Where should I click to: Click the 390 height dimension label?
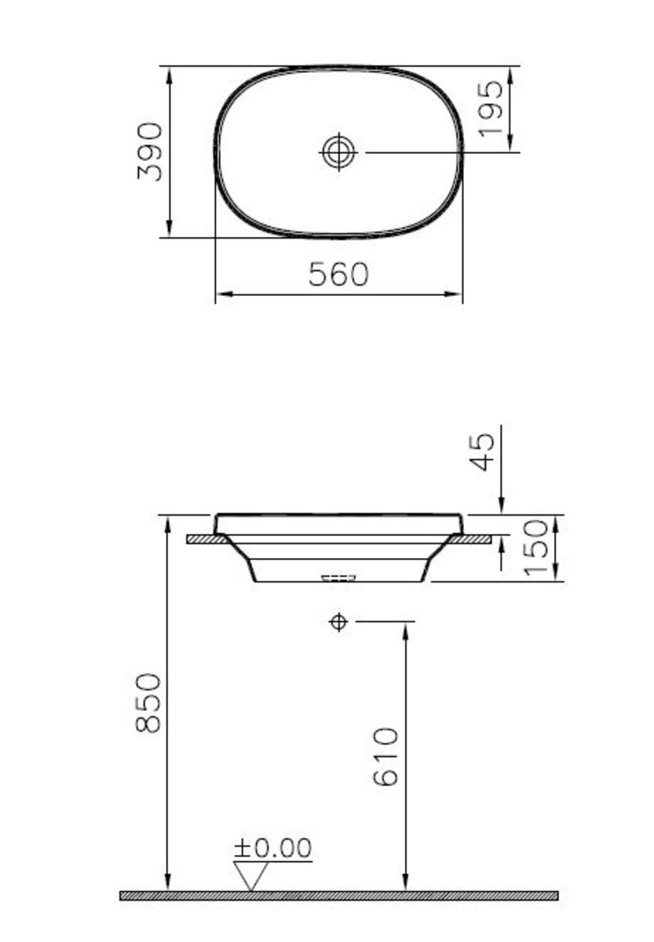(x=150, y=152)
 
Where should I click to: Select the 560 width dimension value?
(x=338, y=275)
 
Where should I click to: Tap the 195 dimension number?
(x=490, y=109)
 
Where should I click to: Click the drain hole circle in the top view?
(x=338, y=152)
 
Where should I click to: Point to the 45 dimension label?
(x=484, y=451)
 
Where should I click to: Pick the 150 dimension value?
(x=536, y=547)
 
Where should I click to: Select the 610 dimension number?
(x=386, y=757)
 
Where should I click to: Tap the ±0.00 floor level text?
(x=272, y=848)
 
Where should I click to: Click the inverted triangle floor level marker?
(x=250, y=874)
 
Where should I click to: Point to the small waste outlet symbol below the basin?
(x=338, y=623)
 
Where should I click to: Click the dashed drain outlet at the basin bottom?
(x=338, y=578)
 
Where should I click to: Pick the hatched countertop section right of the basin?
(x=471, y=539)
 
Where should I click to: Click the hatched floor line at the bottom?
(x=338, y=896)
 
